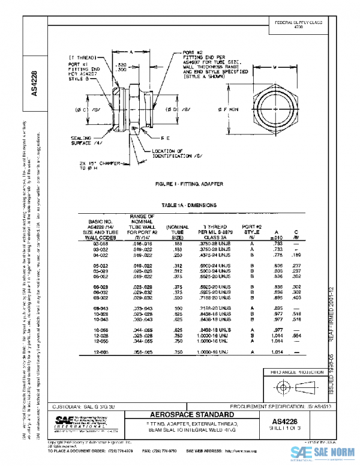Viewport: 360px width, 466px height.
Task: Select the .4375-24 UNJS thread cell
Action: pyautogui.click(x=209, y=255)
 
